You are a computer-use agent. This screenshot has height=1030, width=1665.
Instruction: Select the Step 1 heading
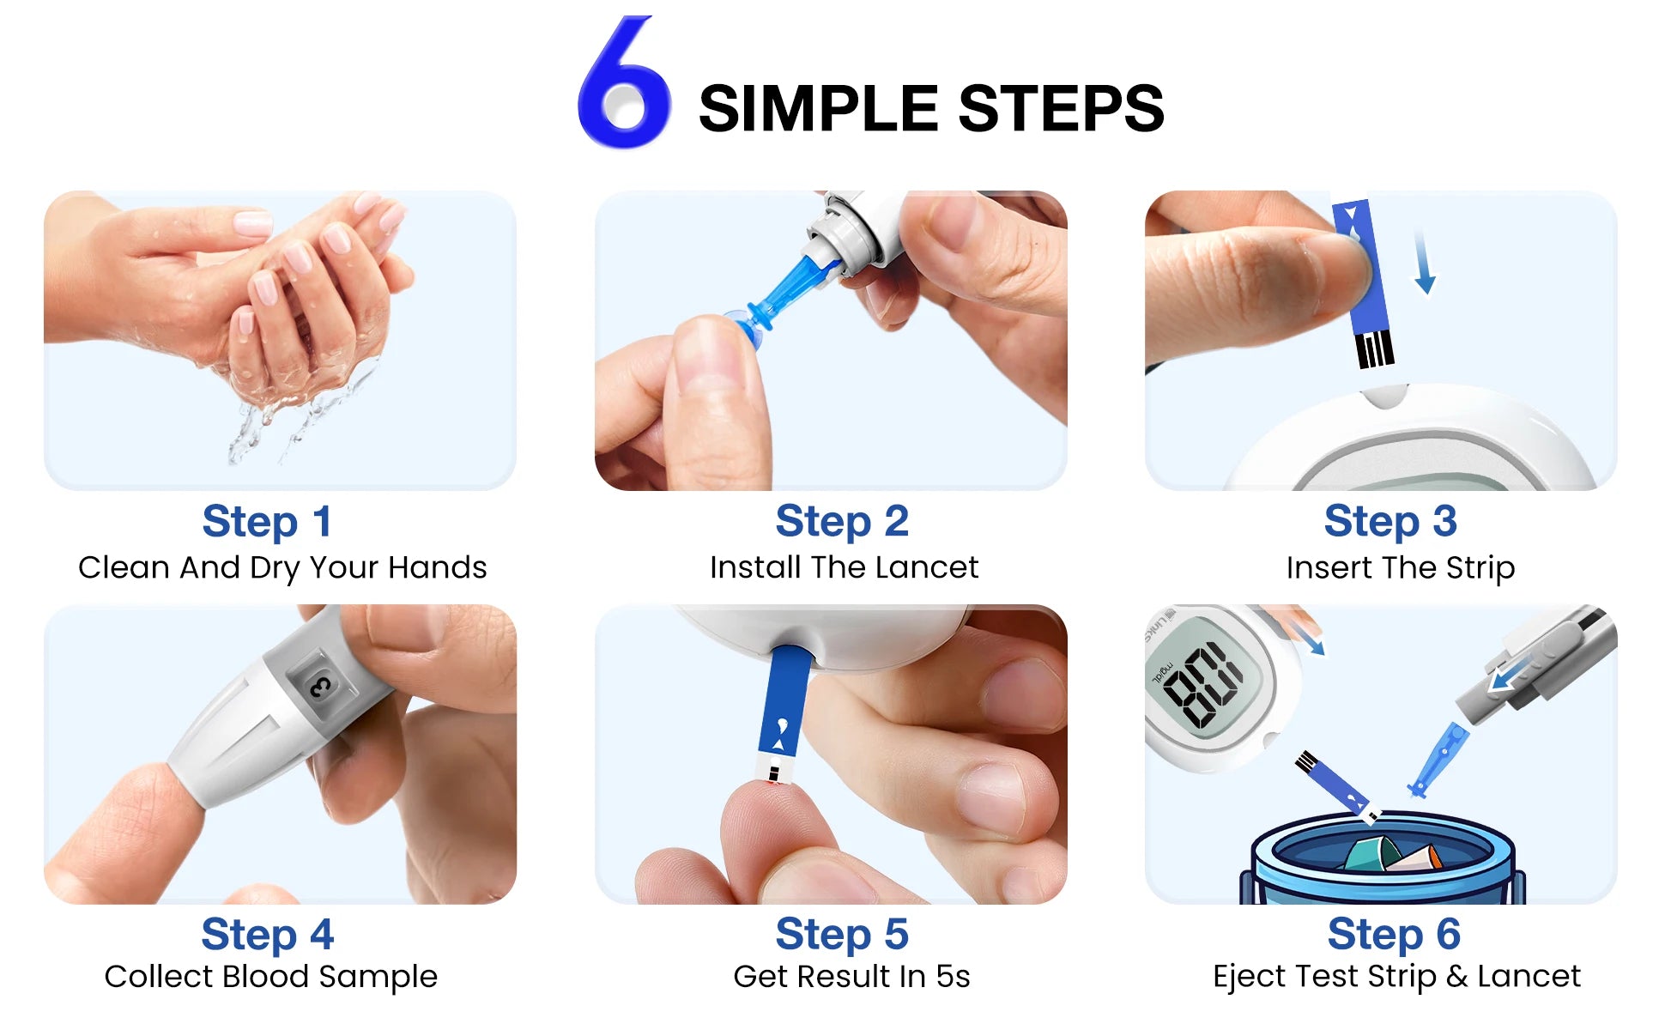pos(267,522)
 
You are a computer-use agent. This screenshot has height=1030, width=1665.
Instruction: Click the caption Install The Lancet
pos(844,567)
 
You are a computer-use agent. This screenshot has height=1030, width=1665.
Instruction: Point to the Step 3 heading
pos(1390,522)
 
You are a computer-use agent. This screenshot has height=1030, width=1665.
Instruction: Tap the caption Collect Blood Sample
pos(270,977)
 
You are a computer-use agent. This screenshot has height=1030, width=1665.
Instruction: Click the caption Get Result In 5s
pos(851,977)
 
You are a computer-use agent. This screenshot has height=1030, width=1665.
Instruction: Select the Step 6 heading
pos(1393,935)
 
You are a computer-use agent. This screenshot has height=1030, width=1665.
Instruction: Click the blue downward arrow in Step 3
pos(1424,262)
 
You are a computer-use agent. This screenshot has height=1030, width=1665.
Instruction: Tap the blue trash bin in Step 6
pos(1382,858)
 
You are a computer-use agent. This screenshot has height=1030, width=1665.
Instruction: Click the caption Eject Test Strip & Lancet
pos(1396,977)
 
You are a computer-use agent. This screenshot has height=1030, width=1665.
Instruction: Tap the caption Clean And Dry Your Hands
pos(282,567)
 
